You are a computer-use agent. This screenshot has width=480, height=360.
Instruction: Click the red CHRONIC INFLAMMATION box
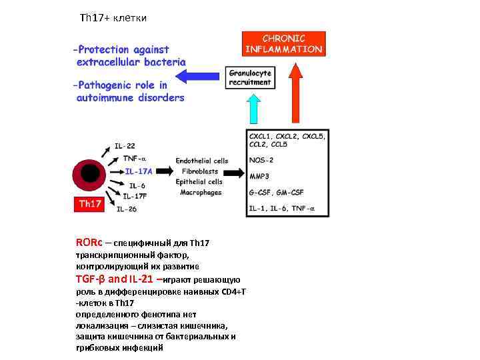coord(284,44)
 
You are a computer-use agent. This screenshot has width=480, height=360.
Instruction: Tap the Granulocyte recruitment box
coord(250,77)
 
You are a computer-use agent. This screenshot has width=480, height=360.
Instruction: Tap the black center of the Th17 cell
coord(90,175)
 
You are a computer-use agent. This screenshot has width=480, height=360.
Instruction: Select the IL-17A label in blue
coord(139,171)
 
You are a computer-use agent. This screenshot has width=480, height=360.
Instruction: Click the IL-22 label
coord(125,146)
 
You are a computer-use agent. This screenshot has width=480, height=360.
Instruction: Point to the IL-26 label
coord(127,209)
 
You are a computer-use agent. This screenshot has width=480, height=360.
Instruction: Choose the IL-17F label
coord(137,196)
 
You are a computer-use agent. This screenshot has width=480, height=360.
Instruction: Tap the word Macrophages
coord(201,193)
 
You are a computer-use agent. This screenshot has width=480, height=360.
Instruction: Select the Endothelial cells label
coord(202,161)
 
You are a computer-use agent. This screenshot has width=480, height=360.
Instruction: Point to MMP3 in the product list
coord(259,177)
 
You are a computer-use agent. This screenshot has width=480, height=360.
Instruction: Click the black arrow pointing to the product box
coord(234,173)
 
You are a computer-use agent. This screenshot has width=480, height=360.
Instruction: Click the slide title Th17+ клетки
coord(113,18)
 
